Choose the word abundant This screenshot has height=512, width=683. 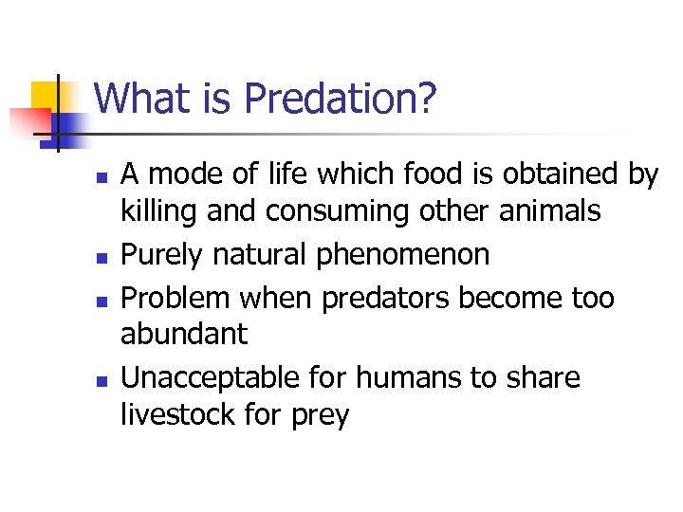pyautogui.click(x=184, y=334)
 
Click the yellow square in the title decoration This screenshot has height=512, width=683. pyautogui.click(x=47, y=97)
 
